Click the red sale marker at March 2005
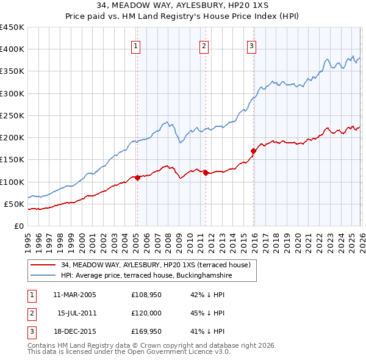point(137,178)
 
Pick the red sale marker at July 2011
point(206,173)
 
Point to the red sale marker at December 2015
point(253,150)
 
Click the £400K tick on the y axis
point(12,49)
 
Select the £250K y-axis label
point(12,115)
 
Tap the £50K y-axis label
point(14,204)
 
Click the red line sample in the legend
point(43,265)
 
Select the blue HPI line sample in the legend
point(43,276)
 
